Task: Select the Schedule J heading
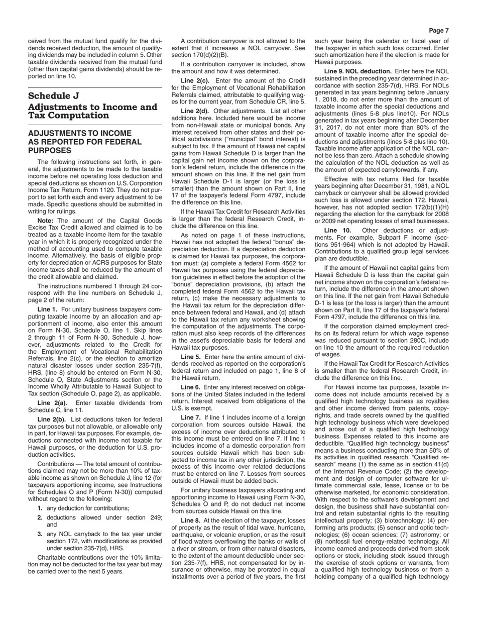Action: click(54, 95)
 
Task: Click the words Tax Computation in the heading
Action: click(68, 116)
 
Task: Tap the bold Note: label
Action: click(46, 221)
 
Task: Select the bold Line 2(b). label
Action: click(52, 419)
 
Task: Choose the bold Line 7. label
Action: click(191, 418)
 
